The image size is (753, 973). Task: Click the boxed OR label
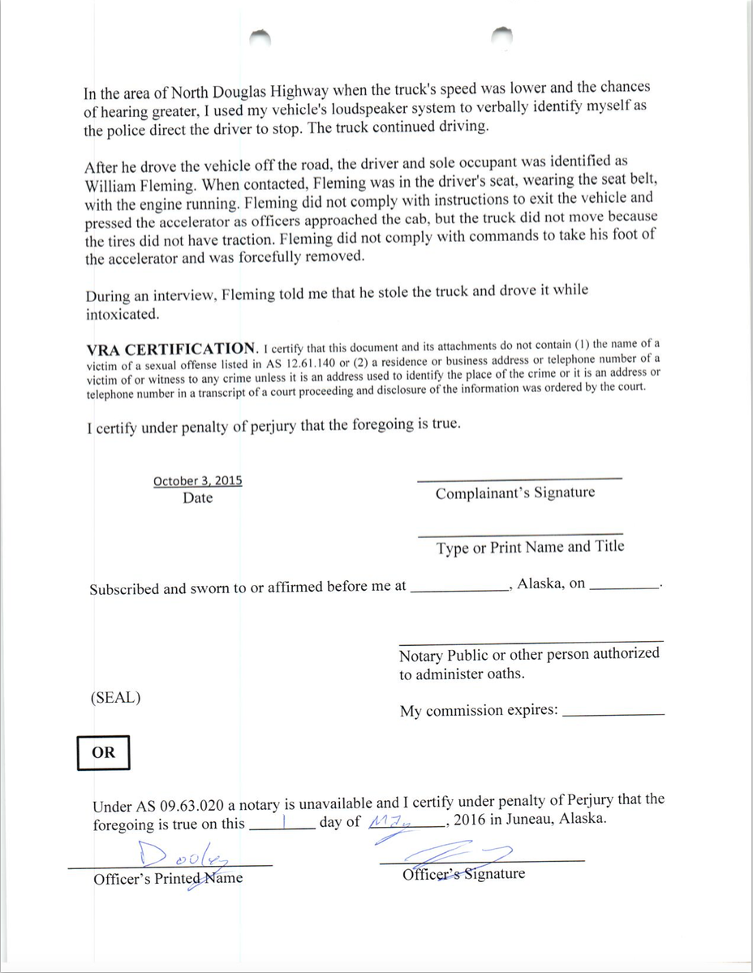click(x=103, y=752)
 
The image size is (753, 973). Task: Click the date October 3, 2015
click(x=197, y=480)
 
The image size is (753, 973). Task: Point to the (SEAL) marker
click(x=116, y=697)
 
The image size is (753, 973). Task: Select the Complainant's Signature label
click(x=514, y=493)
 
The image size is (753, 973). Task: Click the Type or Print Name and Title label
click(x=530, y=547)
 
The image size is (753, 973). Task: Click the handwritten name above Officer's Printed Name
click(x=183, y=855)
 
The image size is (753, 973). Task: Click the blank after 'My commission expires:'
click(x=613, y=712)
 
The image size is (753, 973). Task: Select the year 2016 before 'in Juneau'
click(x=471, y=820)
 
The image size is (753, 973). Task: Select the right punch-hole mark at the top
click(x=502, y=34)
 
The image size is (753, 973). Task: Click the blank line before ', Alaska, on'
click(x=459, y=587)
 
